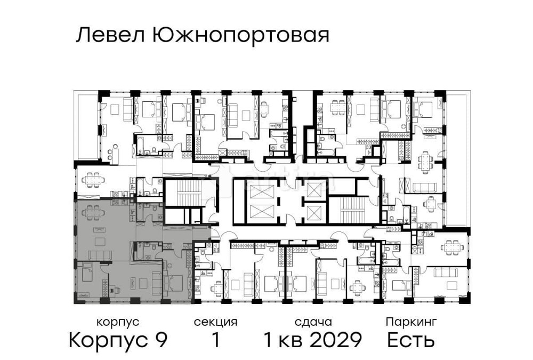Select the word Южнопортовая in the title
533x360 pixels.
(x=240, y=36)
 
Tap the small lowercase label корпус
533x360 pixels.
(x=118, y=322)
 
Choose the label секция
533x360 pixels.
(x=215, y=322)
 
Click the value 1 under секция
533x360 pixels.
(x=215, y=340)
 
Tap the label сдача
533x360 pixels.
(x=313, y=322)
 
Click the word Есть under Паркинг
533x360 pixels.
(x=411, y=340)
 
